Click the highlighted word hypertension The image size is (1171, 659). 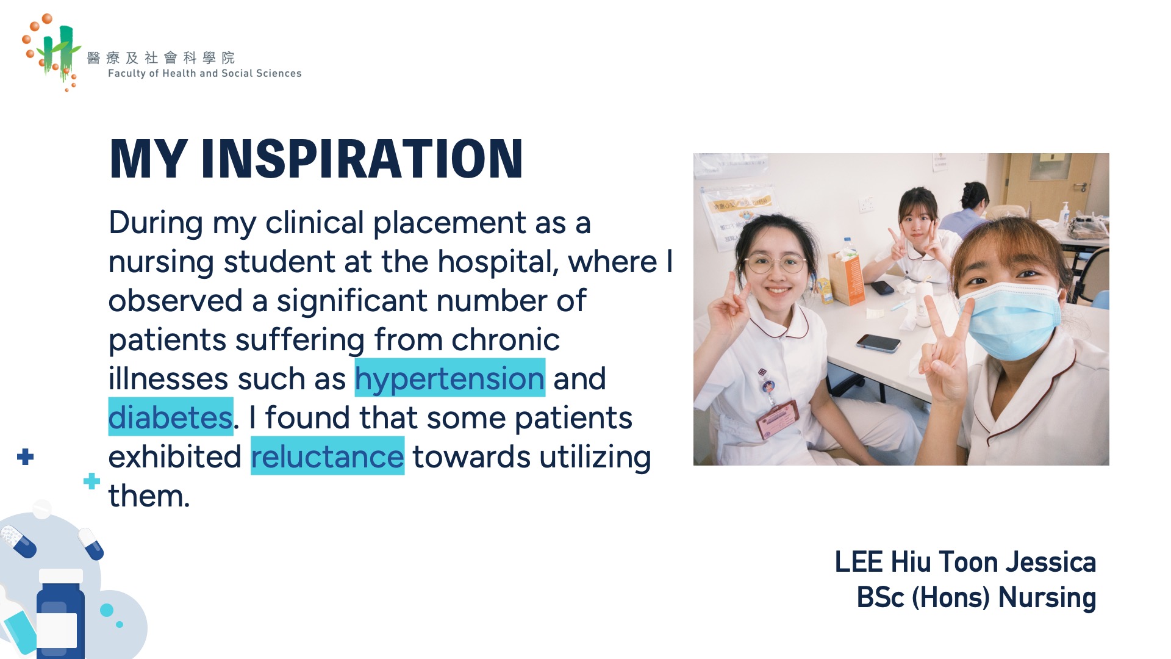point(449,378)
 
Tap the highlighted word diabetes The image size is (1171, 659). point(171,417)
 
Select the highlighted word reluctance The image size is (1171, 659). point(328,456)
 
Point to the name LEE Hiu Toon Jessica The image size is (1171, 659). point(965,562)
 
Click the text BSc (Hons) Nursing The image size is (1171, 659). point(976,597)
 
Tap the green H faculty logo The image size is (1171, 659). point(52,51)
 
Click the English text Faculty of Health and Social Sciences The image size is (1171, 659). point(205,73)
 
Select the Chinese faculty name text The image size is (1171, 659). point(161,57)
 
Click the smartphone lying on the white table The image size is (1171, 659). point(878,342)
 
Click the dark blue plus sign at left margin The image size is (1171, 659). point(25,456)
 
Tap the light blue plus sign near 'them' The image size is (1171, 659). point(91,481)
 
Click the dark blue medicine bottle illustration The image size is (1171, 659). point(60,614)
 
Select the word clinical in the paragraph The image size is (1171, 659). point(315,222)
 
